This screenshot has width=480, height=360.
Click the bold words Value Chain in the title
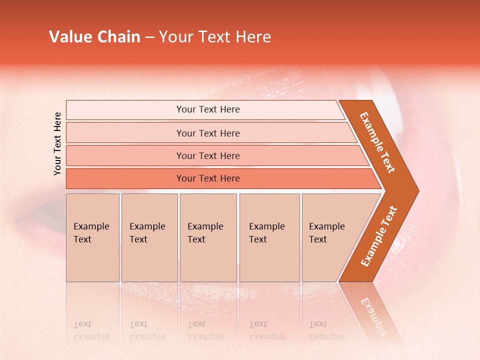coord(94,37)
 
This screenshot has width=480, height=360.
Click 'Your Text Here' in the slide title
coord(215,37)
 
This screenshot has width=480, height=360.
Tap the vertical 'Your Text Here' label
coord(57,143)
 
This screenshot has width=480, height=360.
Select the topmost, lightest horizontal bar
coord(205,110)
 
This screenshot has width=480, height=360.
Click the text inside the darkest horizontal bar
coord(208,178)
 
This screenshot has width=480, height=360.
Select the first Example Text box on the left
coord(92,237)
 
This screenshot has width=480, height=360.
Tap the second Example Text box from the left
coord(149,237)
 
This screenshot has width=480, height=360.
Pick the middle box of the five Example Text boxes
coord(208,237)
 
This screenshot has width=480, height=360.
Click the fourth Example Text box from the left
coord(269,237)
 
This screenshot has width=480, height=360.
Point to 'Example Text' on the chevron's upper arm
coord(377,142)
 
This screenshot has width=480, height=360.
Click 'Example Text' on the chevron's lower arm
coord(379,236)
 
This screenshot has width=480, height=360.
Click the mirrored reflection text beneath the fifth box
coord(326,330)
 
